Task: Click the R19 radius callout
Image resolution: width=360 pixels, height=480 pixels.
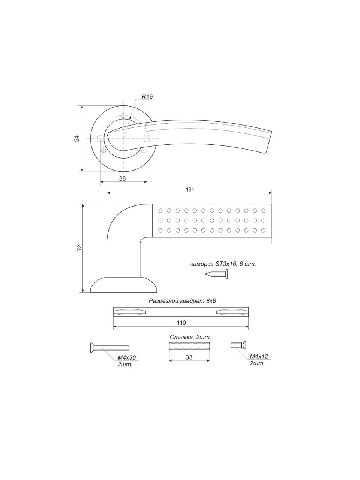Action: pyautogui.click(x=147, y=96)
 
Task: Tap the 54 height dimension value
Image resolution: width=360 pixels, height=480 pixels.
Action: pyautogui.click(x=77, y=139)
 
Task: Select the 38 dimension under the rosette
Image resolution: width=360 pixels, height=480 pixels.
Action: pyautogui.click(x=122, y=178)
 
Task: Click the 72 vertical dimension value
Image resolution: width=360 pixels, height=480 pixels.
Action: pyautogui.click(x=79, y=247)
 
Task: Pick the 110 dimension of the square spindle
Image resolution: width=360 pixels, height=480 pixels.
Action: pyautogui.click(x=181, y=322)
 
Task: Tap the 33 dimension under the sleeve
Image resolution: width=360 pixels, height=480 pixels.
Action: pyautogui.click(x=189, y=357)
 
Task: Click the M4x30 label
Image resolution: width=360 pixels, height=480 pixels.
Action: pyautogui.click(x=127, y=357)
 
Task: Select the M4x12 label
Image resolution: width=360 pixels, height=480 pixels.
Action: pyautogui.click(x=259, y=356)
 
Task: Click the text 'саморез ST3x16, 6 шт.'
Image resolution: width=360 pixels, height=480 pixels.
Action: pyautogui.click(x=223, y=264)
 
